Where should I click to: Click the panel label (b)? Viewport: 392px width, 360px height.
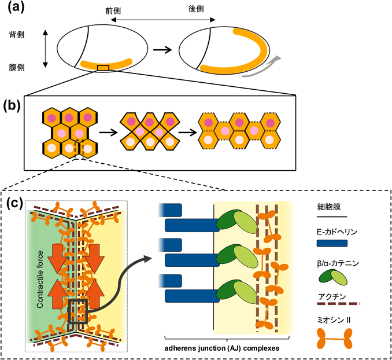tap(16, 106)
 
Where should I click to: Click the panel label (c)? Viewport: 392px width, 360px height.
tap(16, 204)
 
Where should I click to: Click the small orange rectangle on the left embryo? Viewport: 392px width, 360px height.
tap(103, 69)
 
